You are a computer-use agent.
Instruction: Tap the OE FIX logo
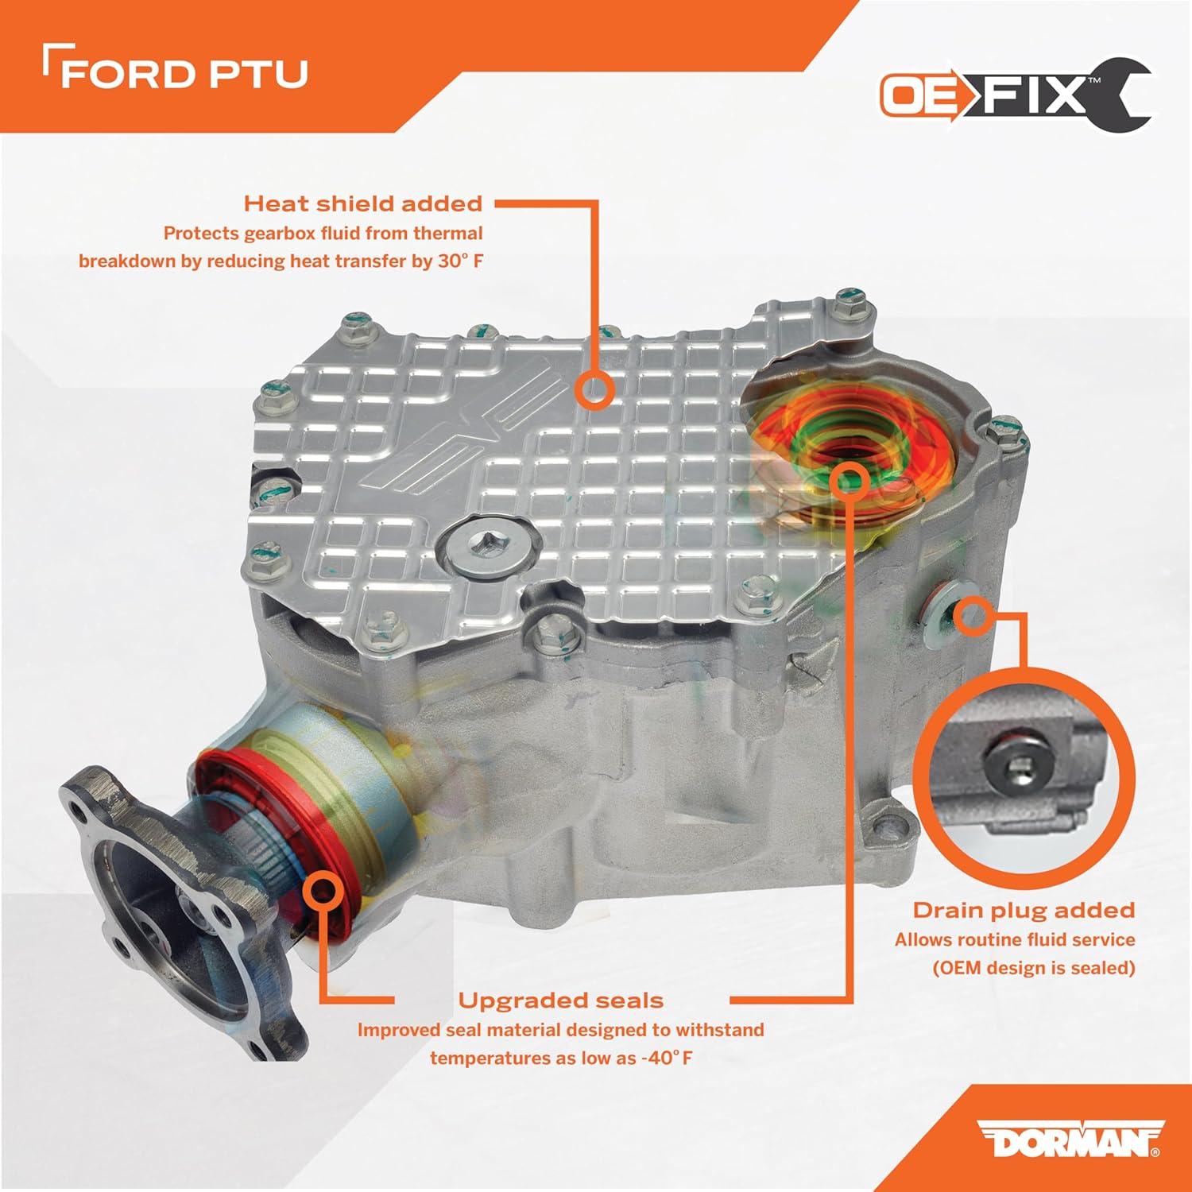tap(1016, 95)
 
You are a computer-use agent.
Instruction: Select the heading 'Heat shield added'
tap(363, 203)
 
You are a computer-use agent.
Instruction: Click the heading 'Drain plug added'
tap(1024, 910)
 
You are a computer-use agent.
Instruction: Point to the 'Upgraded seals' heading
tap(560, 1000)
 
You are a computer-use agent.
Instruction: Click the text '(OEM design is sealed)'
tap(1033, 968)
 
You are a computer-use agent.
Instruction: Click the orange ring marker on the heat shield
tap(594, 390)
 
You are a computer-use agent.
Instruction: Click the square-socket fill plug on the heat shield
tap(481, 546)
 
